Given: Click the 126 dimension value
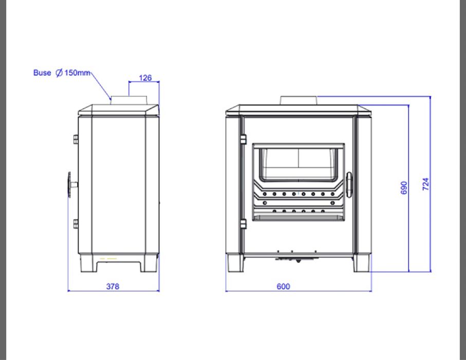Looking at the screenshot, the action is tap(145, 78).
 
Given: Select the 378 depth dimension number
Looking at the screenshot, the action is tap(113, 286).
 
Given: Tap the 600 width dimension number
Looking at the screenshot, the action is tap(283, 286).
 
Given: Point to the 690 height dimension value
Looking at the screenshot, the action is tap(404, 188).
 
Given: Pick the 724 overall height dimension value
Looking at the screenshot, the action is tap(425, 184).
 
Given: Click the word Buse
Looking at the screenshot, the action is tap(42, 73).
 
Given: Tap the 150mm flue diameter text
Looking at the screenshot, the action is tap(77, 73).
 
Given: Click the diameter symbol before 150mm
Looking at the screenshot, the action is tap(59, 73).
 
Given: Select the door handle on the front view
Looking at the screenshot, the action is tap(349, 185).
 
